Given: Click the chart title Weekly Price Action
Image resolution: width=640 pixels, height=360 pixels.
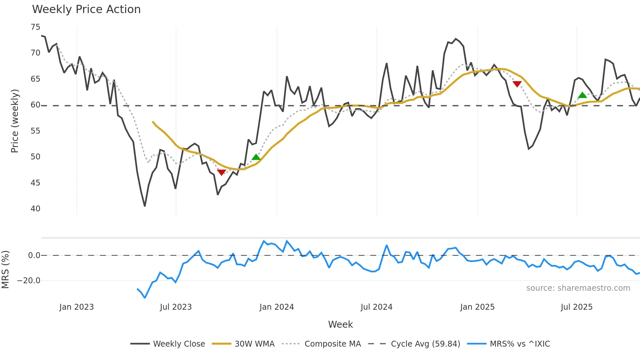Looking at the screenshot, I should pyautogui.click(x=86, y=9).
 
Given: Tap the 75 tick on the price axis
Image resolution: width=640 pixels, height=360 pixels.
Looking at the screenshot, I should pyautogui.click(x=35, y=27).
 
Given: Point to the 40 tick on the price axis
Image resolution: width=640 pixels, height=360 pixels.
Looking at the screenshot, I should pyautogui.click(x=35, y=209).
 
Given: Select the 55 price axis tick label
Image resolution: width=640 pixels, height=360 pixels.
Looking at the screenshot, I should pyautogui.click(x=35, y=131).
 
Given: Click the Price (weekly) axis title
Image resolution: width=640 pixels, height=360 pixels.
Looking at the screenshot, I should pyautogui.click(x=15, y=121).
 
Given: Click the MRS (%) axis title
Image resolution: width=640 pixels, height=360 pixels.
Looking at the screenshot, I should pyautogui.click(x=5, y=270).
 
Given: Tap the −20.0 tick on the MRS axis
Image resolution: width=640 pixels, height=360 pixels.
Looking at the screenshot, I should pyautogui.click(x=29, y=281).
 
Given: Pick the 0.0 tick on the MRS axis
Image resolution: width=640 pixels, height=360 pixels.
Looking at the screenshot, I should pyautogui.click(x=34, y=255).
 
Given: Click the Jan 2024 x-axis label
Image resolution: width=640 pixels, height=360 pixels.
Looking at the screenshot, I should pyautogui.click(x=277, y=307).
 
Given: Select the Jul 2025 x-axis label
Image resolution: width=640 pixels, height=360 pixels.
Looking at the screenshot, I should pyautogui.click(x=576, y=307).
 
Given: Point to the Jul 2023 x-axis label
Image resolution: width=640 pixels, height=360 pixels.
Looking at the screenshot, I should pyautogui.click(x=176, y=307).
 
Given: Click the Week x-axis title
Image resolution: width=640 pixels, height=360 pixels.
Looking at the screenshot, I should pyautogui.click(x=340, y=324).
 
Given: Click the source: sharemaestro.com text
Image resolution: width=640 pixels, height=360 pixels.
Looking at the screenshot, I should pyautogui.click(x=578, y=288).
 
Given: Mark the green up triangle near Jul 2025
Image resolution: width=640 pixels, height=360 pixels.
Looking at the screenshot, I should pyautogui.click(x=582, y=95).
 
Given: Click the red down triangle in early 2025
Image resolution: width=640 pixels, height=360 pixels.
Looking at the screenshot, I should pyautogui.click(x=517, y=84).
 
